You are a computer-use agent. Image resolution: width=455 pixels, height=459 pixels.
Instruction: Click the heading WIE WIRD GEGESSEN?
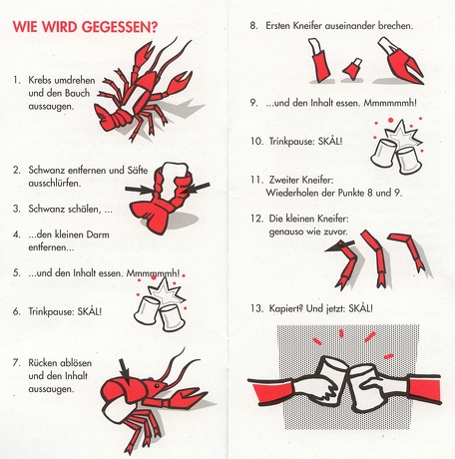coord(85,27)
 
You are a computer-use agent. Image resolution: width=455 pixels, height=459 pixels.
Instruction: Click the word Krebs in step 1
coord(40,80)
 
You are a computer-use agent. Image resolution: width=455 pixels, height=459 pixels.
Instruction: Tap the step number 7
coord(16,362)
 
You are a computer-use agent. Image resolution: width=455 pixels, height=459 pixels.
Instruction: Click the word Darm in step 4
coord(98,234)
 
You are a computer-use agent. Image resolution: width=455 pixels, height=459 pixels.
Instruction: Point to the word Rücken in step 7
coord(43,362)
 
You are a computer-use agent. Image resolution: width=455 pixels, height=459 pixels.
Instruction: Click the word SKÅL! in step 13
coord(360,308)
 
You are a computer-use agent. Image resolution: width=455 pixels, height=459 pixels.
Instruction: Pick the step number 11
coord(256,180)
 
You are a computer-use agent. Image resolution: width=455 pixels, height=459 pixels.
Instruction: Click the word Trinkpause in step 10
coord(291,142)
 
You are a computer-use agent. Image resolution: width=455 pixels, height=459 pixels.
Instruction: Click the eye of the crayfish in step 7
coord(157,386)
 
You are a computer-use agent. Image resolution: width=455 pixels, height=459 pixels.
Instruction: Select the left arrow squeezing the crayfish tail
coord(140,190)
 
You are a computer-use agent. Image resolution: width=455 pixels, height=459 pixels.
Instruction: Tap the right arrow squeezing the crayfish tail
coord(197,188)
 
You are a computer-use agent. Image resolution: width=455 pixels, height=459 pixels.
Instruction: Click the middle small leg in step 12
coord(376,257)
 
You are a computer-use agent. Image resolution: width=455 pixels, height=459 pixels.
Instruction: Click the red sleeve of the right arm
coord(423,388)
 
